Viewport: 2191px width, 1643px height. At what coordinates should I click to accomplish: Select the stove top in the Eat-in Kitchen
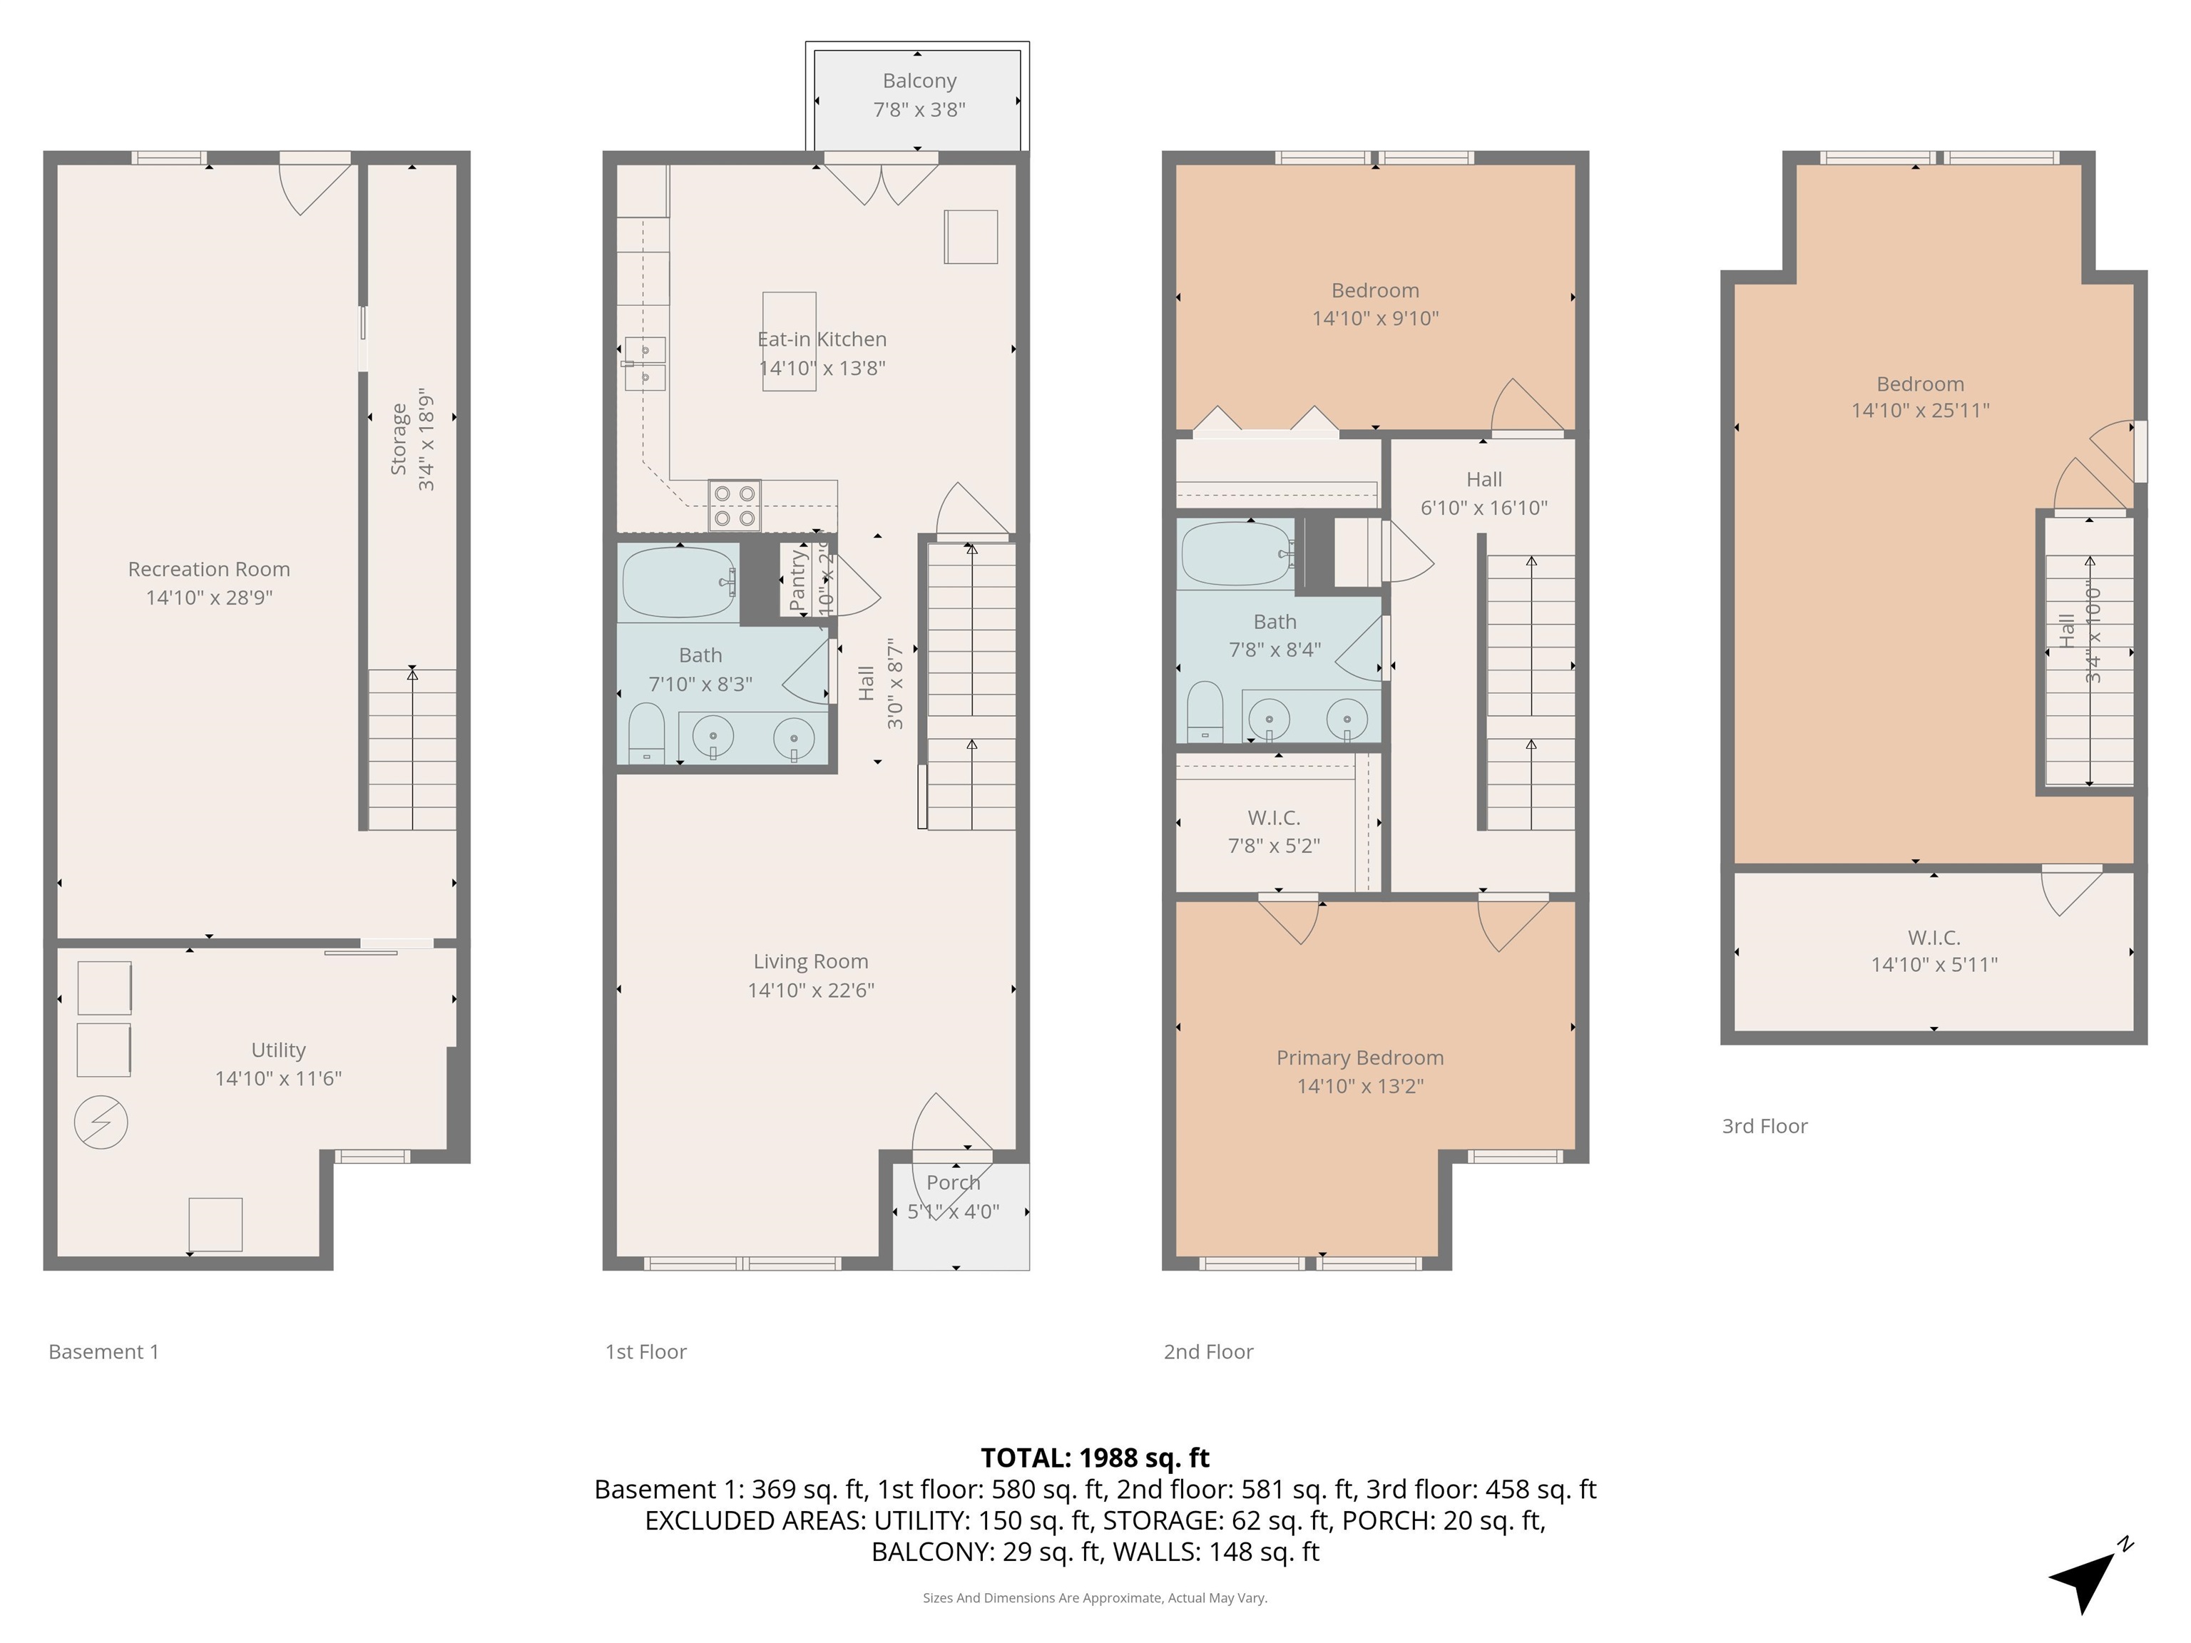(734, 505)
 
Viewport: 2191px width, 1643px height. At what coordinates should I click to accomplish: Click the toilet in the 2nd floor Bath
(1205, 711)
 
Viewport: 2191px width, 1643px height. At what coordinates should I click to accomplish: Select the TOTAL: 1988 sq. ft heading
(1095, 1457)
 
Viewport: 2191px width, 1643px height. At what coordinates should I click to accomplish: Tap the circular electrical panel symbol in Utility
(101, 1122)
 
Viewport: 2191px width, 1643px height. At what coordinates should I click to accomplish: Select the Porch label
(953, 1182)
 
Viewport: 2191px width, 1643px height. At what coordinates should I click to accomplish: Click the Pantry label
(798, 580)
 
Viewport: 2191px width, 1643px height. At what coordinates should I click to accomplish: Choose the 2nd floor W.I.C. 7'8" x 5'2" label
(1274, 831)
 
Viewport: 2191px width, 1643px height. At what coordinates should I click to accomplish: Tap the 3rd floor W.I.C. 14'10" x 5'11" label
(1934, 951)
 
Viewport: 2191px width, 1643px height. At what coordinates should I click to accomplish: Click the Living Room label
(810, 975)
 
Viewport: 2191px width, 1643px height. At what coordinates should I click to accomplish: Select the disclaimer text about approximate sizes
(1095, 1597)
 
